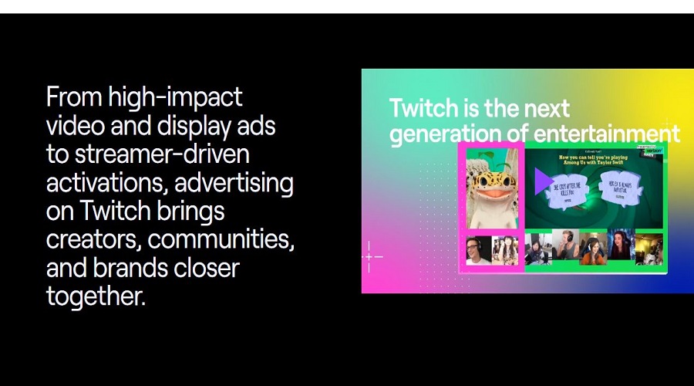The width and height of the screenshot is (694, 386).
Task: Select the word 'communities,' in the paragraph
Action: point(221,240)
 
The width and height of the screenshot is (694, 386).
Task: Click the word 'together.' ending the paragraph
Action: point(96,296)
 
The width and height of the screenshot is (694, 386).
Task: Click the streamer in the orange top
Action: point(592,249)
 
